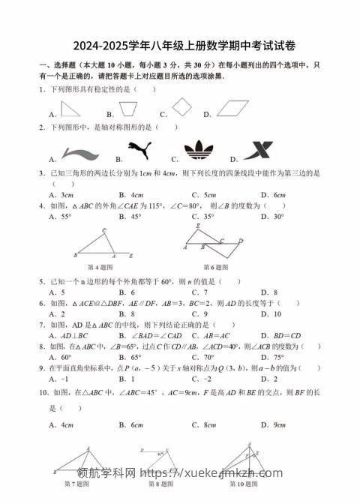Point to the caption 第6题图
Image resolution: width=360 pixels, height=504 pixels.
[216, 267]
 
